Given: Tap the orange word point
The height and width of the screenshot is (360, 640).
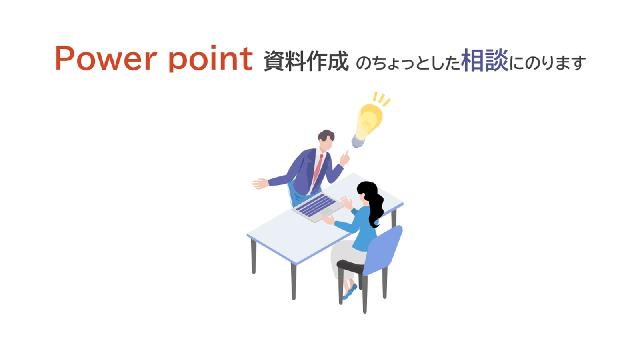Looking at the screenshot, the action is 211,58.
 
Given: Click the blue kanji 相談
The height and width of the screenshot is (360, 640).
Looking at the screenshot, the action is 484,60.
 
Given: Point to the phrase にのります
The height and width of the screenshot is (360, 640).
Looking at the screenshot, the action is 548,63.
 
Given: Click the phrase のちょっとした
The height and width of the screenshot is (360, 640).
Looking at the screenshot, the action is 408,63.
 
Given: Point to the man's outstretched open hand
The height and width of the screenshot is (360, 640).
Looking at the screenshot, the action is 260,184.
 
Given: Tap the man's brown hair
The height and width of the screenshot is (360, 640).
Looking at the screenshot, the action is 326,135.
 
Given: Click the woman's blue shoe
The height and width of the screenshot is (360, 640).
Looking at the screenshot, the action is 350,292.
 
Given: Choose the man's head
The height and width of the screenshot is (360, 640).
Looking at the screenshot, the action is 326,140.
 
